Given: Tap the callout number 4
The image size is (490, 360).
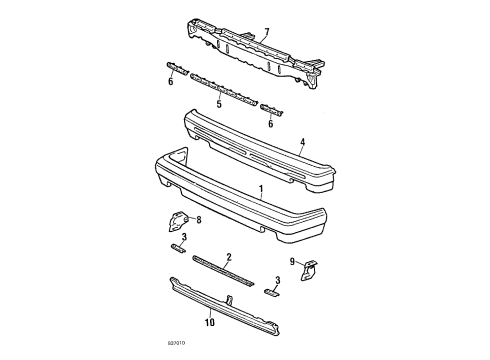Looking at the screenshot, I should point(302,144).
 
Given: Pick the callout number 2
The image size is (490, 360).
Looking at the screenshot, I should point(229,256).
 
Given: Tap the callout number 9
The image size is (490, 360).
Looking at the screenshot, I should point(291,263).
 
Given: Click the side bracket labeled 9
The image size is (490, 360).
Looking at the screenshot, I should point(312,269).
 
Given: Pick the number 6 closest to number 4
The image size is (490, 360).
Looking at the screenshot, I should point(270,124).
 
